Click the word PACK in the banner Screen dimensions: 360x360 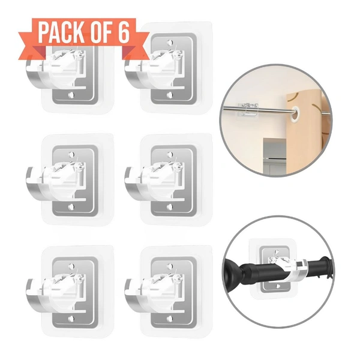click(x=61, y=32)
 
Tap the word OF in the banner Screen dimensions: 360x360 click(x=101, y=32)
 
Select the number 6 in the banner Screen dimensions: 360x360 click(x=124, y=32)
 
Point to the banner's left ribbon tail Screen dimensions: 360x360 click(x=32, y=46)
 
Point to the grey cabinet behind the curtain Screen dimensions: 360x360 click(x=274, y=155)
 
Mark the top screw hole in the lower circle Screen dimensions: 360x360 click(x=277, y=252)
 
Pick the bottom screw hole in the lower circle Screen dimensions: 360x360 click(x=278, y=286)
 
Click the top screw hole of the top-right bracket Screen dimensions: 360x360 click(x=170, y=43)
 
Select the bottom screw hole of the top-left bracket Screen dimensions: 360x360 click(x=71, y=95)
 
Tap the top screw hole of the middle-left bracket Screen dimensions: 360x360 click(x=71, y=154)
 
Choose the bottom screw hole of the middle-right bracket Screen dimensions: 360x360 click(x=170, y=207)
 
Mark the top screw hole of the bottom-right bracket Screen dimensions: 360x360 click(x=170, y=266)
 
